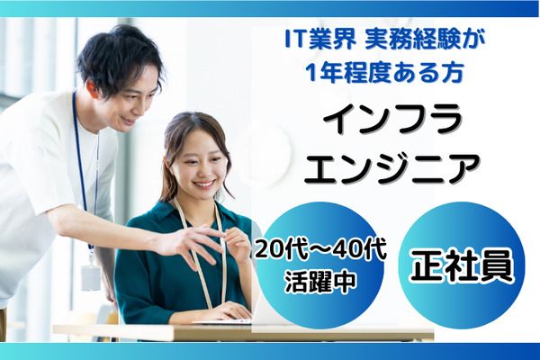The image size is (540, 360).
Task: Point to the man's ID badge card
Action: pyautogui.click(x=91, y=275)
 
